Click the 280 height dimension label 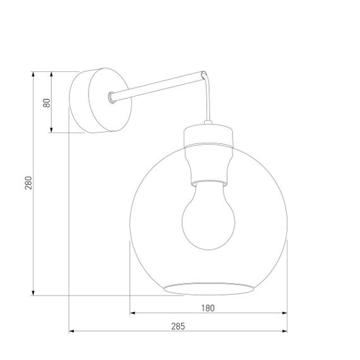coord(28,183)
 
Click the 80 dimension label coord(46,103)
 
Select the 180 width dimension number coord(208,308)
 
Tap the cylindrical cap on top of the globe coord(209,136)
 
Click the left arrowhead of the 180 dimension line coord(133,313)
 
